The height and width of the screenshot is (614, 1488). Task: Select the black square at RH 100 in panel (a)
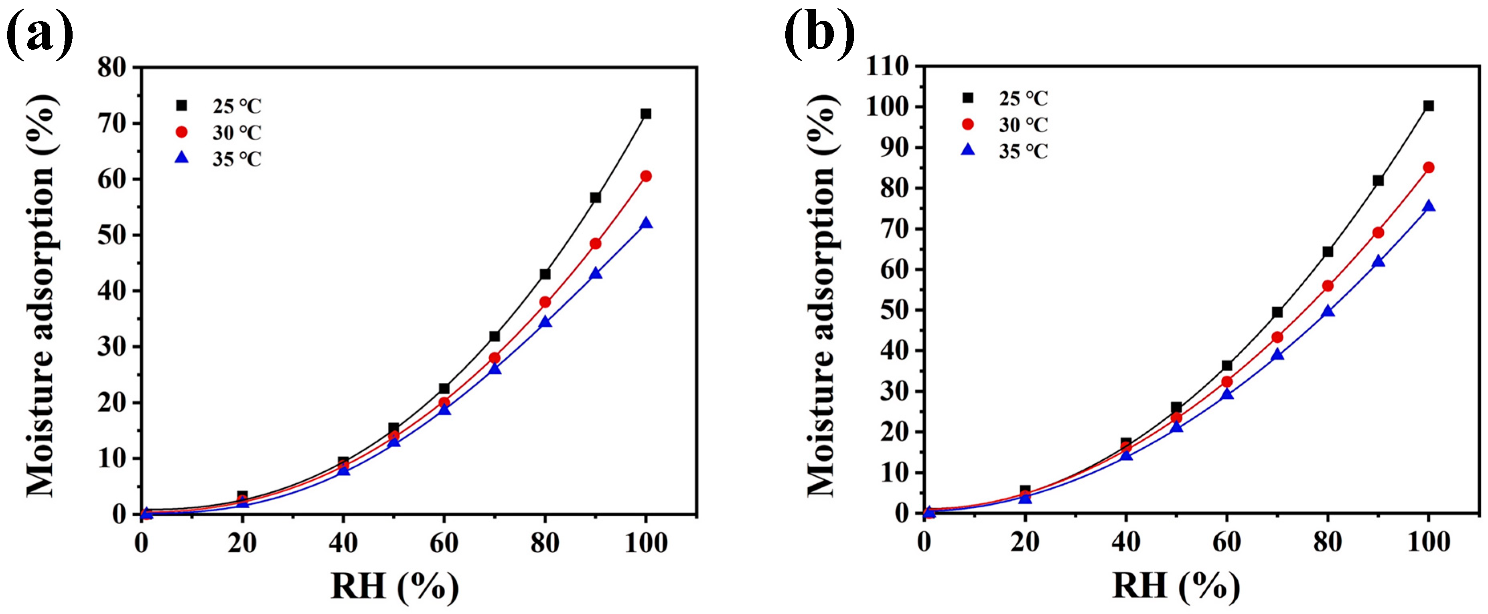tap(646, 114)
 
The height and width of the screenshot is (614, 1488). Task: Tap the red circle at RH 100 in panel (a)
tap(646, 176)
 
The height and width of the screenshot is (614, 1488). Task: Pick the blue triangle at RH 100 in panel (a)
tap(646, 223)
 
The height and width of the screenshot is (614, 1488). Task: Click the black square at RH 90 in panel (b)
tap(1378, 181)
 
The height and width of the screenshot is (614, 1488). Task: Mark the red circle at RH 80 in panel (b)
tap(1328, 286)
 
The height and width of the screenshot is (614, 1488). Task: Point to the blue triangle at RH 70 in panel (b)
tap(1277, 354)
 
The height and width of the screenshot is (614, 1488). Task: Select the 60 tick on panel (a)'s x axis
tap(444, 543)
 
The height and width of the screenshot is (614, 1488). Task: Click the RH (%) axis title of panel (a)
tap(395, 586)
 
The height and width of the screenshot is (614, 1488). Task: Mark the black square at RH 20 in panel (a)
tap(243, 496)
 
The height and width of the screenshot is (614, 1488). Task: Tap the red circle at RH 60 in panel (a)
tap(444, 403)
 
